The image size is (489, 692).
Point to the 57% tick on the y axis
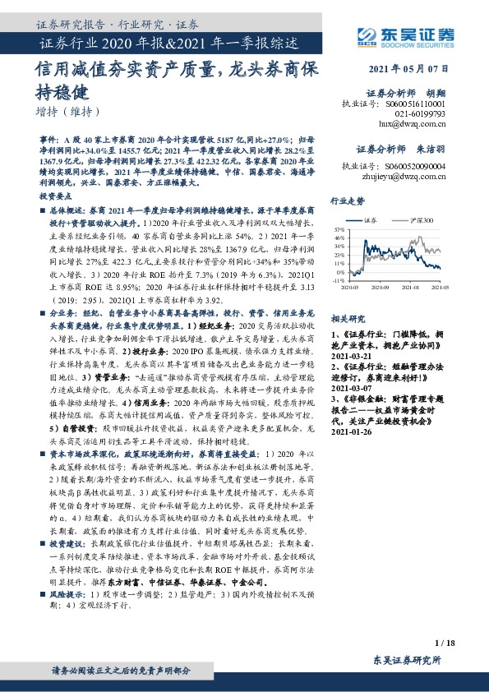pos(339,229)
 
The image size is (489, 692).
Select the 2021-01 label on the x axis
pos(411,288)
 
